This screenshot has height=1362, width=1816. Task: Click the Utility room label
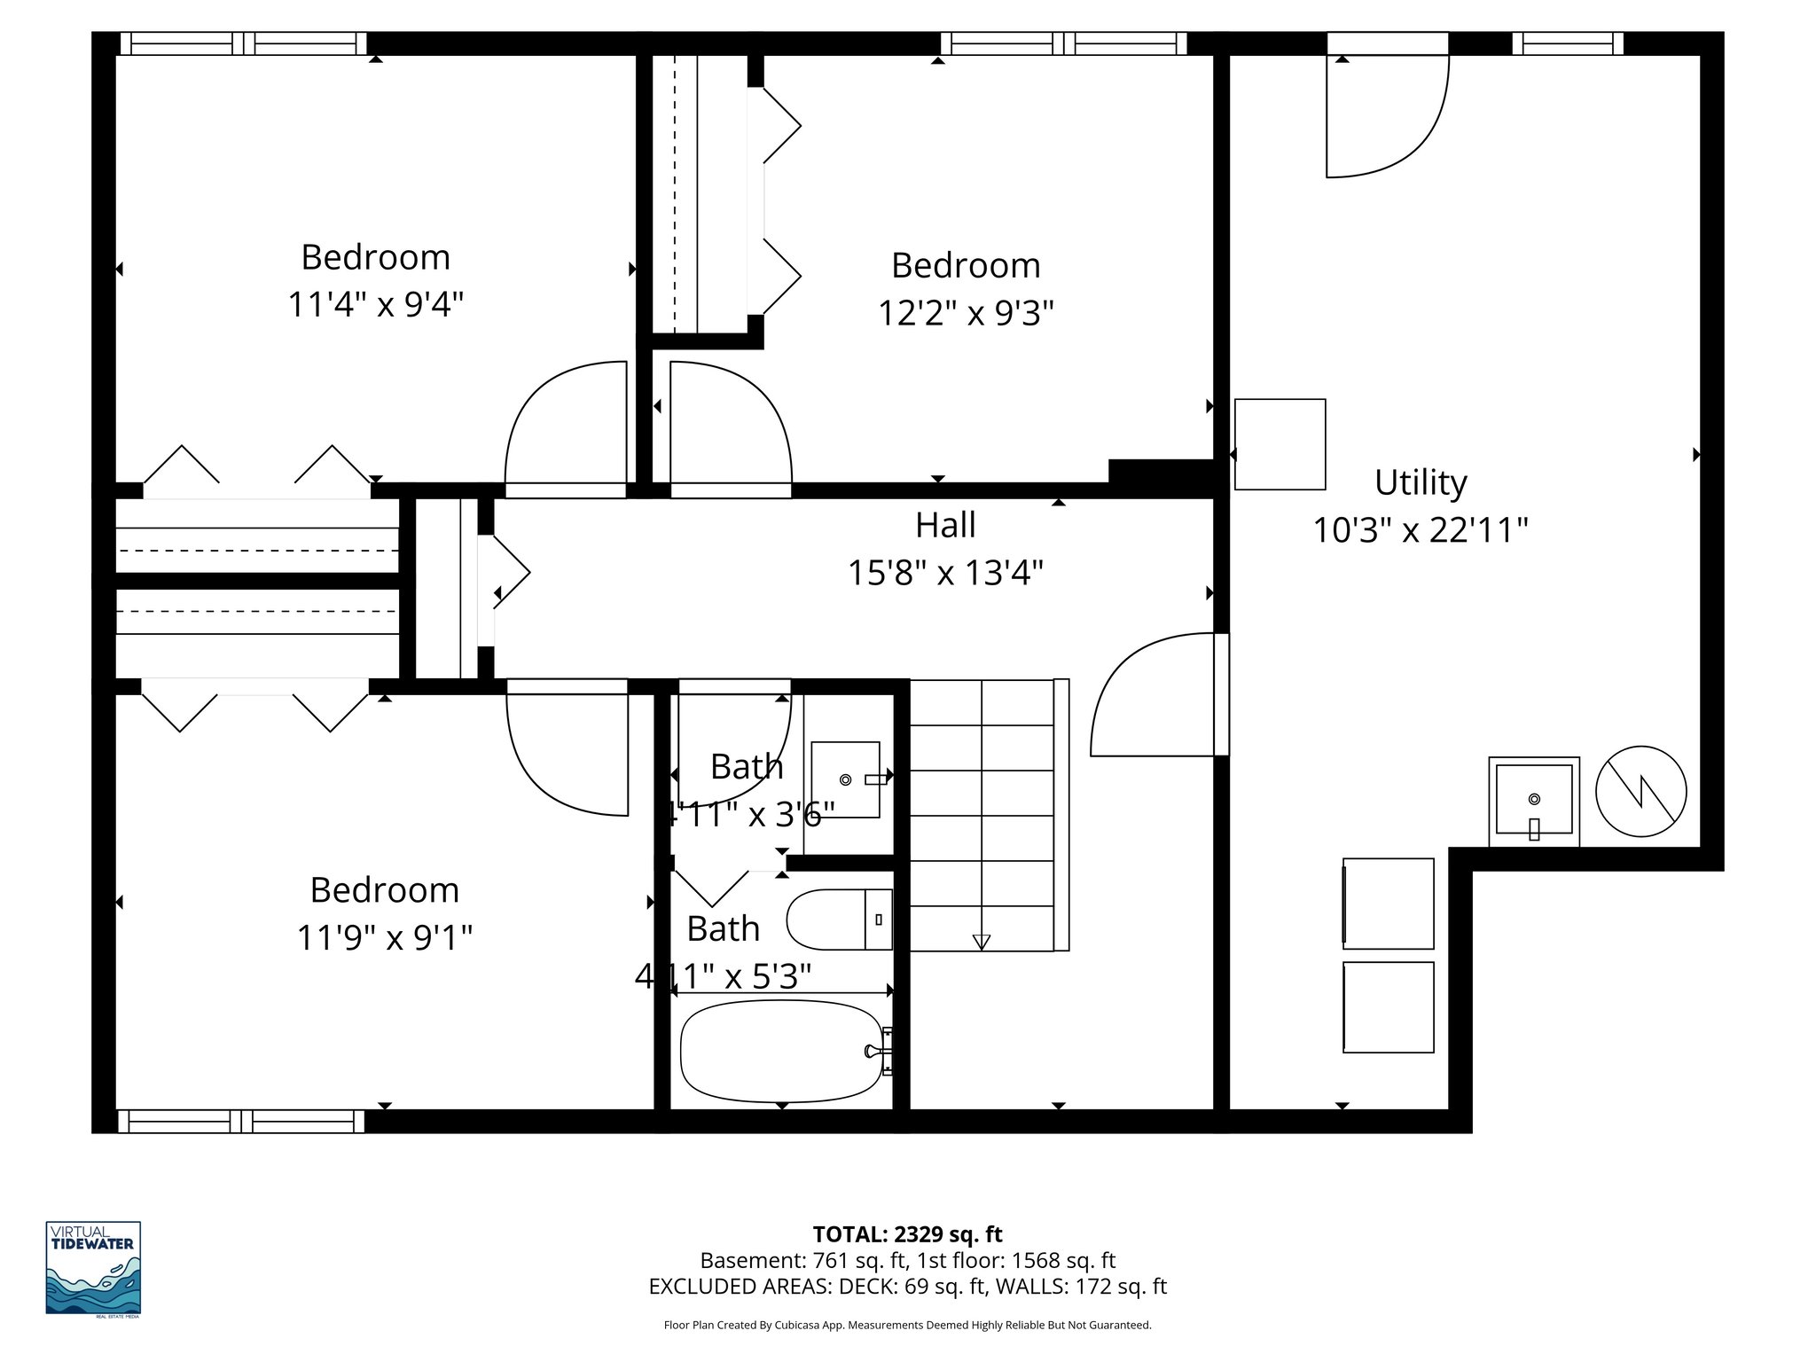1420,482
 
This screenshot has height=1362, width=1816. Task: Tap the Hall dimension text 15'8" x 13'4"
945,573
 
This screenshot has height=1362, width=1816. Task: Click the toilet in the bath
839,920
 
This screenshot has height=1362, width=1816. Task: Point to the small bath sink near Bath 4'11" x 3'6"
845,779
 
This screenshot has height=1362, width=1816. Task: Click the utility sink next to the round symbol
1533,801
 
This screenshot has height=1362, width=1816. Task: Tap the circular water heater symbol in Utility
1640,791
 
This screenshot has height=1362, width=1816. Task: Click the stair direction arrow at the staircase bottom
981,942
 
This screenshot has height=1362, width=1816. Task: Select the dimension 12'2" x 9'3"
966,313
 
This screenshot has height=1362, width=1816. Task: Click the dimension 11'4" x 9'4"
375,305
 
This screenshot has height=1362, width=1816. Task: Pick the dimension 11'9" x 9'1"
384,937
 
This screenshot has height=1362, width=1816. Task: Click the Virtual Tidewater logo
93,1268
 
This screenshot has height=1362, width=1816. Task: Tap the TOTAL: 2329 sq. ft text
907,1234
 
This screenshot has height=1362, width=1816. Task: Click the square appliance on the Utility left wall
1280,444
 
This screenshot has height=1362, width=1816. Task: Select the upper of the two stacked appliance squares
1388,903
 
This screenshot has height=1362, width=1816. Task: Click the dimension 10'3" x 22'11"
1420,530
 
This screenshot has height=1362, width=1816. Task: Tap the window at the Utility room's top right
1567,43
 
